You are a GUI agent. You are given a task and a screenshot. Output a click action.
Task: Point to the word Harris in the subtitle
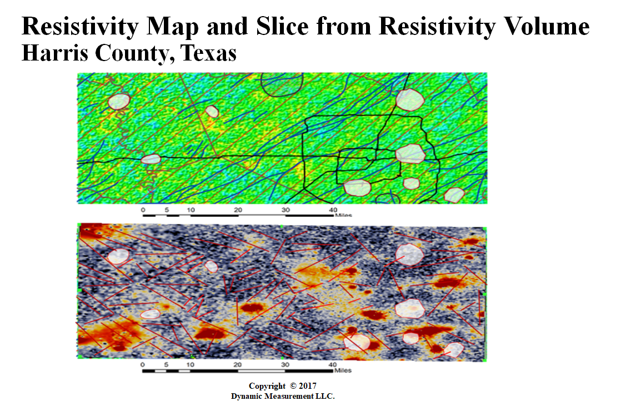tap(54, 53)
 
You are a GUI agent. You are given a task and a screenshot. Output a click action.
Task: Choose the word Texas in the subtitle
tap(209, 53)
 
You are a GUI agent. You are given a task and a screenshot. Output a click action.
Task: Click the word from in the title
tap(343, 26)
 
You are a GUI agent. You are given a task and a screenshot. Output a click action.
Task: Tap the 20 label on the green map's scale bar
tap(238, 210)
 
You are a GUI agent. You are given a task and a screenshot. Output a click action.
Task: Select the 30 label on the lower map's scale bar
tap(285, 364)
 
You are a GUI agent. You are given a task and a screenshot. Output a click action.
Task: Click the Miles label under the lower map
tap(343, 370)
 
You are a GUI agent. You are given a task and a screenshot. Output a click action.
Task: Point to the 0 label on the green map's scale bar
tap(143, 210)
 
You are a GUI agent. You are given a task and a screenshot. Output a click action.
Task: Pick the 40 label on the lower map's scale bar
tap(333, 364)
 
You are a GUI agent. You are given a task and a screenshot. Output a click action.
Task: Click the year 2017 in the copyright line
tap(308, 385)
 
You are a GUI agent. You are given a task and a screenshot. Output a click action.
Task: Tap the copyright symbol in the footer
tap(293, 385)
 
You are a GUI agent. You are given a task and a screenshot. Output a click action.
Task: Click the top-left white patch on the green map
tap(119, 102)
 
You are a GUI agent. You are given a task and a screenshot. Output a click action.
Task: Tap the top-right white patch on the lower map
tap(409, 254)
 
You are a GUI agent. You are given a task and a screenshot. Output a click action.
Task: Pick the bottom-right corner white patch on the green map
tap(454, 195)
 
